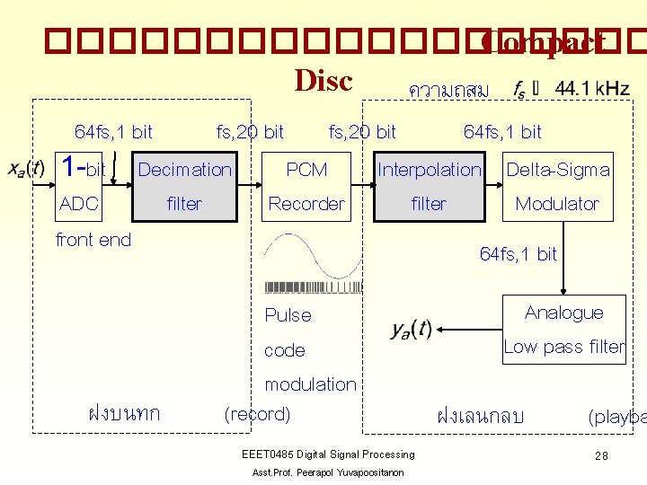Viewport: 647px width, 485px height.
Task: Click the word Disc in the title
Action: click(323, 80)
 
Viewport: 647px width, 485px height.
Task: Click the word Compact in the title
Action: click(543, 42)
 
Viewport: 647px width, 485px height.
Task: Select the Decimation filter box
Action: click(185, 186)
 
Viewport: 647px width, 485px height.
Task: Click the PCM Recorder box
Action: click(306, 186)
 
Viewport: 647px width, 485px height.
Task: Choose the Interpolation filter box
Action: click(430, 186)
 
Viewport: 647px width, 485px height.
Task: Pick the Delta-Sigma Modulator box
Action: click(557, 186)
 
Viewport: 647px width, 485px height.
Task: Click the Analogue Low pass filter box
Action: click(563, 329)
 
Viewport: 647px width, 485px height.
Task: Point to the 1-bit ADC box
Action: click(83, 186)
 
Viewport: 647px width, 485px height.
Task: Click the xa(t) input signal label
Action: click(26, 168)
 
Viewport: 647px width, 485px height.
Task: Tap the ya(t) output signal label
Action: click(412, 330)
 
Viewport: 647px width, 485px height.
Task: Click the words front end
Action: click(93, 240)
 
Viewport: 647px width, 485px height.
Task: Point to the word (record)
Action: click(257, 414)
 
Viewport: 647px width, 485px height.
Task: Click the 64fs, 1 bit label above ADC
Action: click(113, 132)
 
